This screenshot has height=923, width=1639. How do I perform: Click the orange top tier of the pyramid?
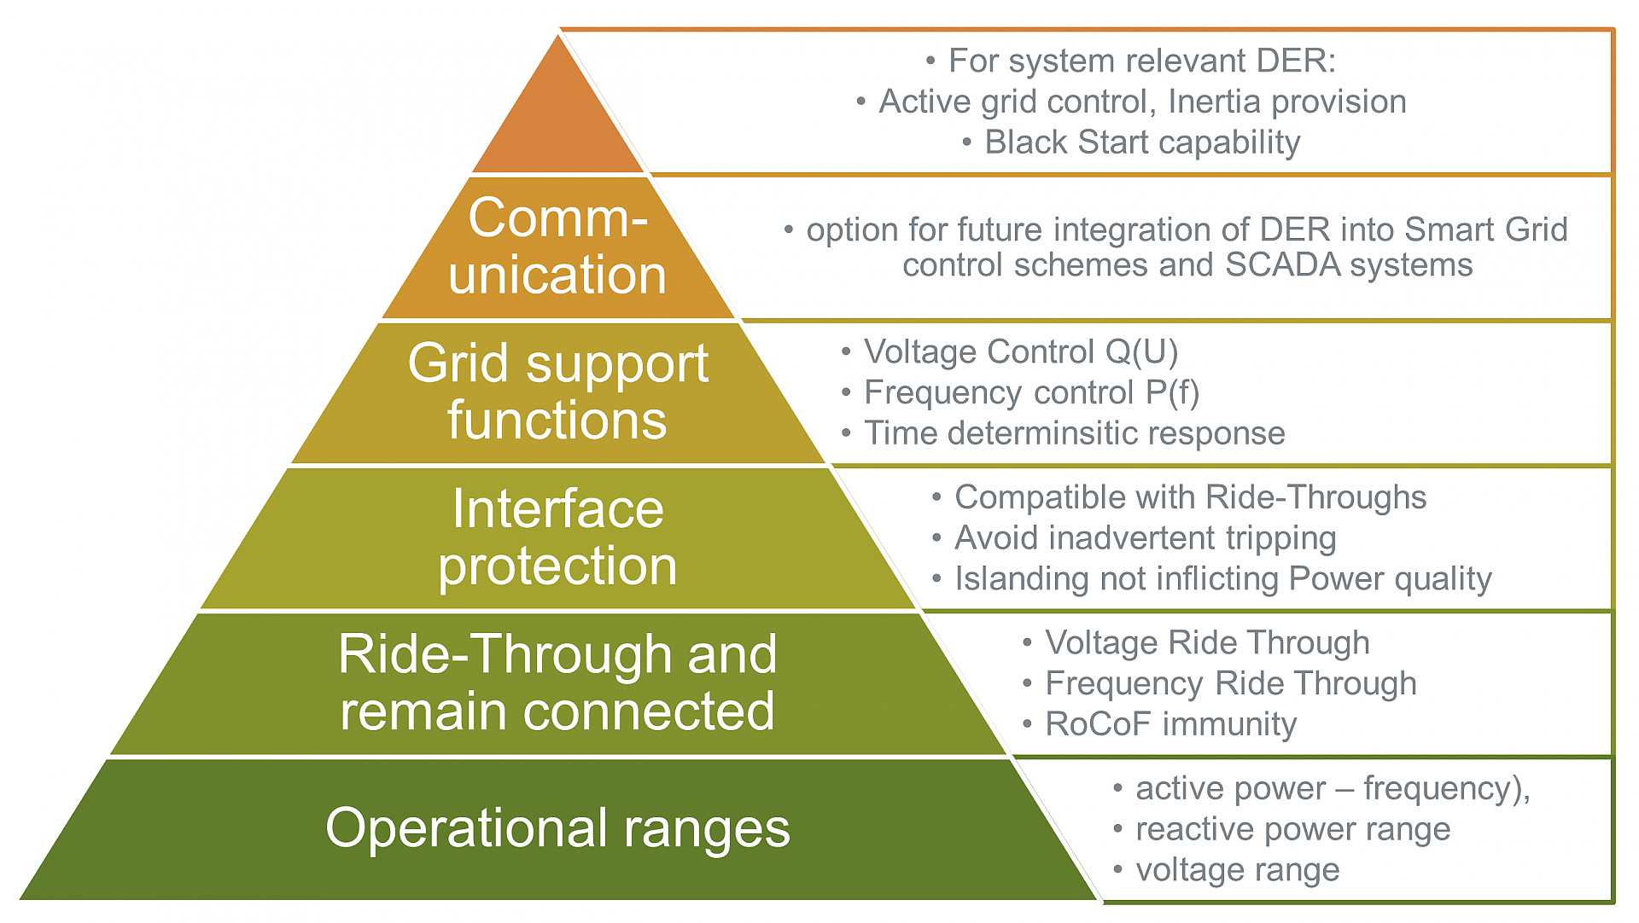[x=558, y=119]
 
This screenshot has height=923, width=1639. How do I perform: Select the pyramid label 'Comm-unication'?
[x=558, y=246]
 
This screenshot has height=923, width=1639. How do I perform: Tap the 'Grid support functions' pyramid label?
[x=558, y=392]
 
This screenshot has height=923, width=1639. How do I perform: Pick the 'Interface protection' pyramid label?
[x=558, y=537]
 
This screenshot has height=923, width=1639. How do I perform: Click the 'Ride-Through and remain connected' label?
[x=558, y=682]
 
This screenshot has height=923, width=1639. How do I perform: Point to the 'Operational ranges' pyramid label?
[x=558, y=828]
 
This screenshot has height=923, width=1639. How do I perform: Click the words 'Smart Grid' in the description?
[x=1485, y=229]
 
